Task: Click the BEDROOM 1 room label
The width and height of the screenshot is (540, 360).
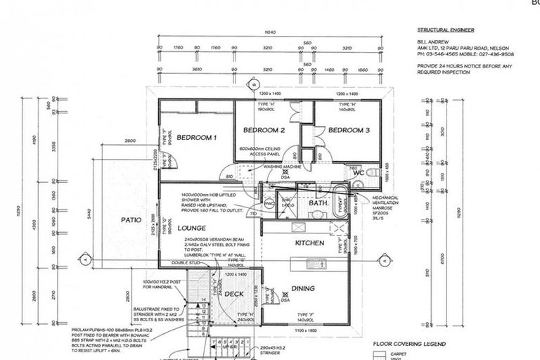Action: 196,136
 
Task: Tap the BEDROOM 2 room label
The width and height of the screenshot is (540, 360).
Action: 264,130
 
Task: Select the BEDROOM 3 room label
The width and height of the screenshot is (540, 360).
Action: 348,130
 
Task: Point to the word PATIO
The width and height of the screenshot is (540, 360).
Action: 131,220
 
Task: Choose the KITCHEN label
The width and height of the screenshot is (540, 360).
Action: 309,243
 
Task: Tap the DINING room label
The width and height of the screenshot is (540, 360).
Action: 303,288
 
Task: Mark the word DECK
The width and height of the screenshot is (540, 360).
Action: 233,293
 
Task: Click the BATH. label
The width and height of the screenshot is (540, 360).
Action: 319,203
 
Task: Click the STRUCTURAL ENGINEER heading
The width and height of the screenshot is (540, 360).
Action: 446,30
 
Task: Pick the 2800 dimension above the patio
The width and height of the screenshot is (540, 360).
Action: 130,141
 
